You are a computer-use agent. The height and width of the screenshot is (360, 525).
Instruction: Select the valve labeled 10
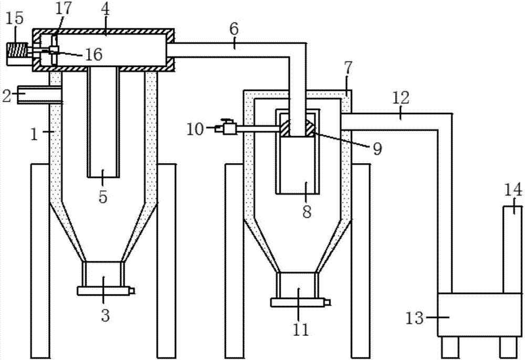pos(228,128)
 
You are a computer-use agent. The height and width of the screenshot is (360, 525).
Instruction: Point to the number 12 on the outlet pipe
pos(400,97)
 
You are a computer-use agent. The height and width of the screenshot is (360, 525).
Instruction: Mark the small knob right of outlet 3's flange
pos(132,291)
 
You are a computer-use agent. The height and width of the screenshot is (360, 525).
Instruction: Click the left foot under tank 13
pos(450,346)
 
